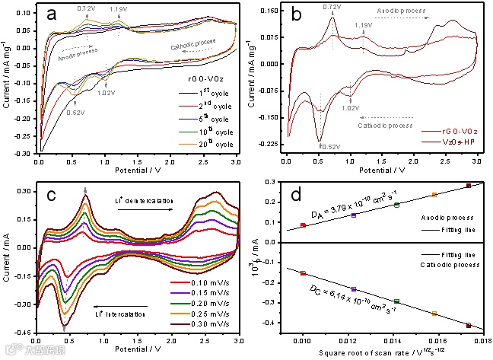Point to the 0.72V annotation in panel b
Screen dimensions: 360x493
[x=332, y=7]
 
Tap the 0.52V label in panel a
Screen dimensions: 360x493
[x=75, y=113]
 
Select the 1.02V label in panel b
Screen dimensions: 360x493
[x=349, y=108]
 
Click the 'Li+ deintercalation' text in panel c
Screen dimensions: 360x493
[x=143, y=196]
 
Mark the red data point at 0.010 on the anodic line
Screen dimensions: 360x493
[x=303, y=225]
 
